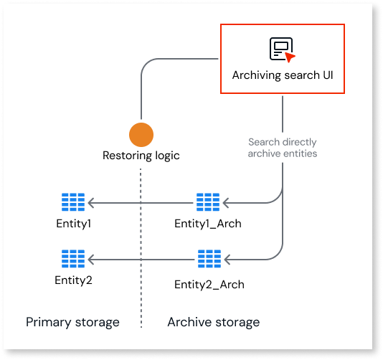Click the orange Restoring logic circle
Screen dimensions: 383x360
tap(141, 135)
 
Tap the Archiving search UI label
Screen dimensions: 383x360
tap(283, 75)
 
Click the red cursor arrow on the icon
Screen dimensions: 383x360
tap(290, 57)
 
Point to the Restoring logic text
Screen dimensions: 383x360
tap(141, 156)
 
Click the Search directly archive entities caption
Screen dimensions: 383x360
tap(283, 148)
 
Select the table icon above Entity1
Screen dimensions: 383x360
tap(73, 202)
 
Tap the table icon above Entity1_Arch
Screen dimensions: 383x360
tap(208, 202)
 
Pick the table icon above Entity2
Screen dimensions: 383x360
tap(73, 259)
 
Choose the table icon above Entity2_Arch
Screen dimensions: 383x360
tap(209, 259)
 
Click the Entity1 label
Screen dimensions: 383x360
tap(74, 224)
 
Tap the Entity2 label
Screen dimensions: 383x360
tap(74, 280)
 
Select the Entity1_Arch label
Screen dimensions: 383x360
tap(208, 224)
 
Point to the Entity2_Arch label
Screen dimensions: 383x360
tap(209, 285)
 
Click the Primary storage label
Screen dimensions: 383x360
tap(72, 322)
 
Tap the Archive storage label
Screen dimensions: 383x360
tap(214, 322)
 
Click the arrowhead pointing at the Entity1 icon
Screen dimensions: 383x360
tap(91, 203)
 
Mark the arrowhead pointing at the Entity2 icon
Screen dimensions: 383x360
tap(91, 260)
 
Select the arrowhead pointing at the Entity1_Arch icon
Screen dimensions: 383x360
tap(226, 203)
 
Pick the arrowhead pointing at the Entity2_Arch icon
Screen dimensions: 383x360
tap(227, 260)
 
